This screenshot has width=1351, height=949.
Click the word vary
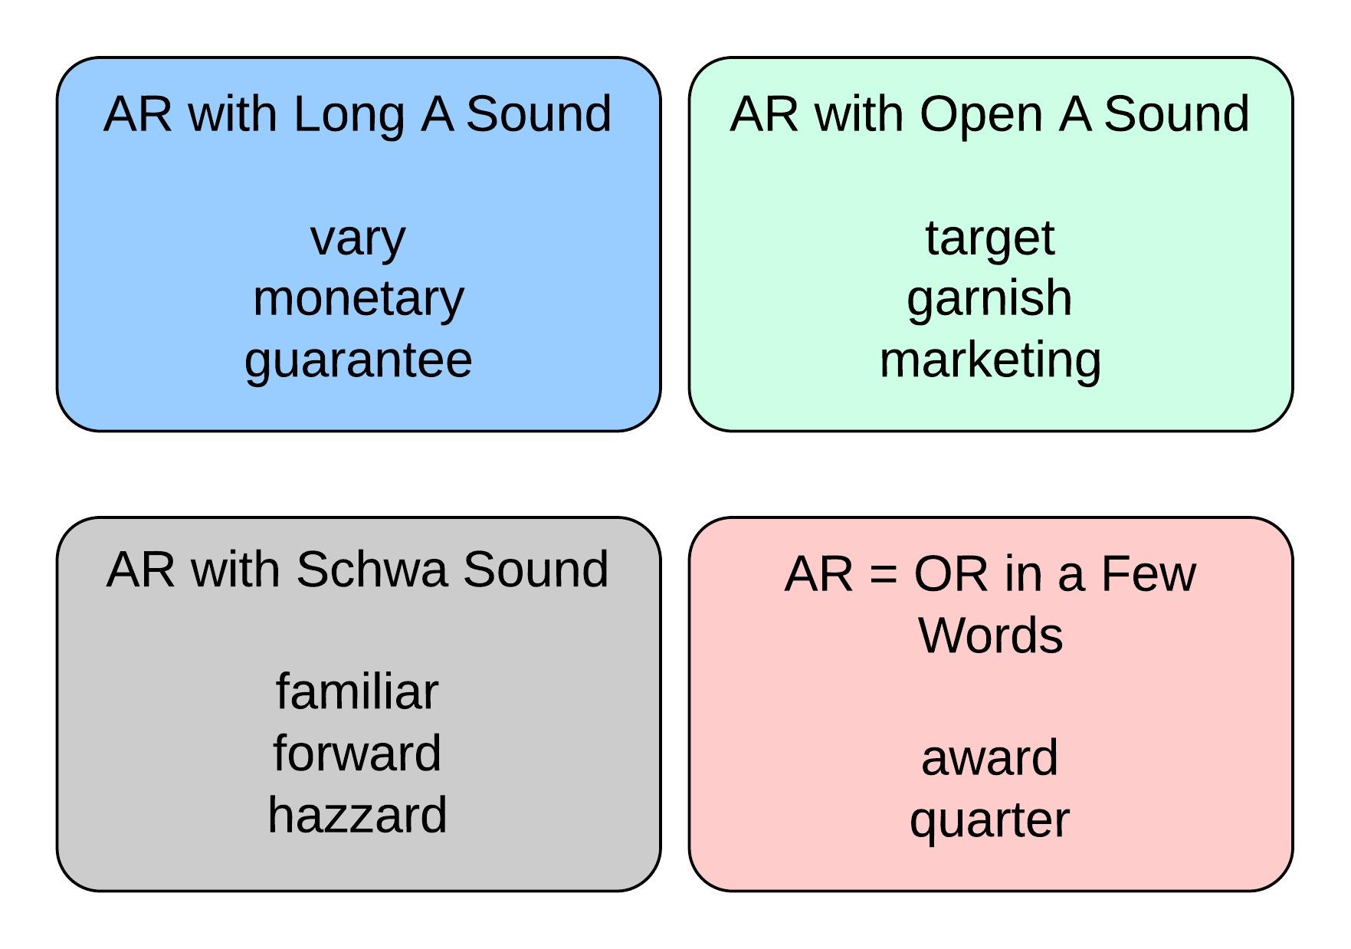click(x=358, y=239)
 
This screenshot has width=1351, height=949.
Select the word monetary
click(x=358, y=300)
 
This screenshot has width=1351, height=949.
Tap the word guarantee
click(x=358, y=361)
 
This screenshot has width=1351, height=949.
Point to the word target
click(x=989, y=239)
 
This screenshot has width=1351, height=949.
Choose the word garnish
click(x=989, y=300)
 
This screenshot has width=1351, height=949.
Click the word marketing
click(x=989, y=361)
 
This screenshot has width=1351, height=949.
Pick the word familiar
click(x=357, y=692)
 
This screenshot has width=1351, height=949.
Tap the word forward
click(x=357, y=754)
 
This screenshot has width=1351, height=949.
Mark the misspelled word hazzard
click(x=357, y=815)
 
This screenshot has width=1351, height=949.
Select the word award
click(x=989, y=758)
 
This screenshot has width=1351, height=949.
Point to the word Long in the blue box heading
click(x=349, y=115)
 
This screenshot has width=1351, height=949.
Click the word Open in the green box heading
click(x=981, y=115)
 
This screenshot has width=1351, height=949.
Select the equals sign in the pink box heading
click(x=884, y=574)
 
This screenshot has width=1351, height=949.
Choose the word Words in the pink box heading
click(x=991, y=635)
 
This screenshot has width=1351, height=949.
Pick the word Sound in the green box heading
click(x=1176, y=114)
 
